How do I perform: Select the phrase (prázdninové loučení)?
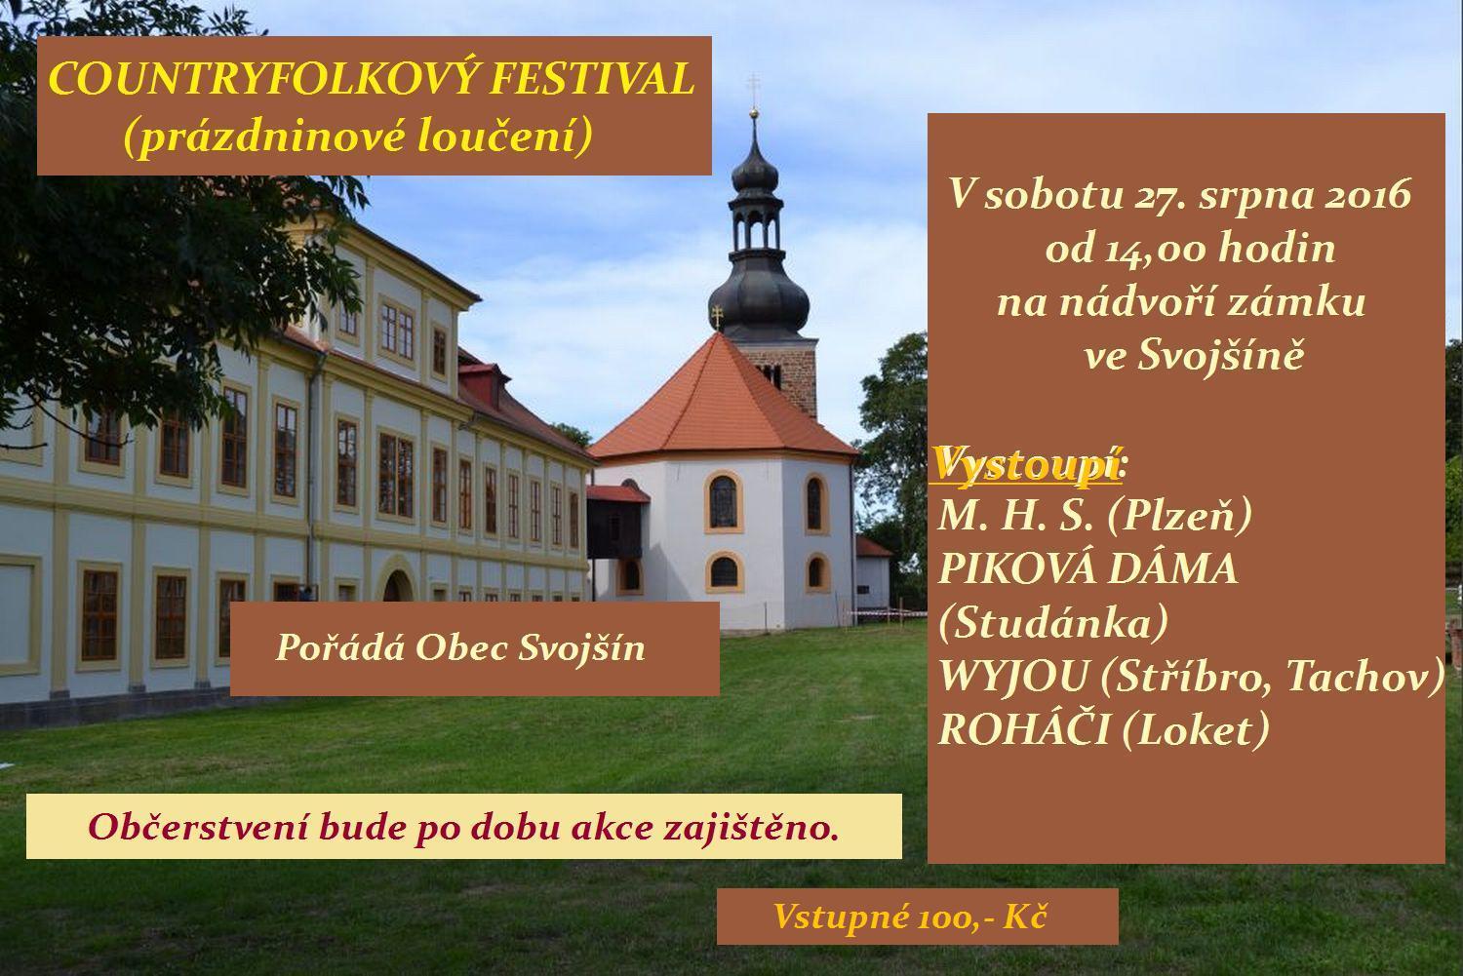[359, 137]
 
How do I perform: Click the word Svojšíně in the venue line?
[1221, 357]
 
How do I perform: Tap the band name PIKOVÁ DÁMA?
[1088, 568]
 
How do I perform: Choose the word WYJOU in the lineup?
[1014, 677]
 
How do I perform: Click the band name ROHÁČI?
[1024, 729]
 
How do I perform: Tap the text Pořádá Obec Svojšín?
[460, 647]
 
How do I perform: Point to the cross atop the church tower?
[754, 85]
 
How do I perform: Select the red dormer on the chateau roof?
[485, 382]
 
